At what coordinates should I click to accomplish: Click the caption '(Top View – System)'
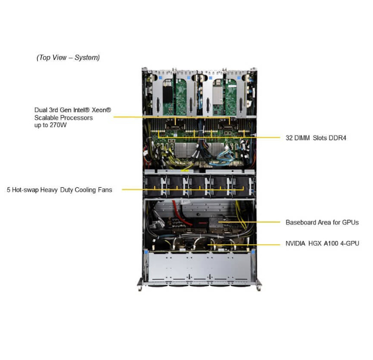tap(68, 57)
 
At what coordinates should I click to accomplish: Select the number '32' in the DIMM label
tap(289, 138)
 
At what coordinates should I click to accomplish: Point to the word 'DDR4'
tap(336, 138)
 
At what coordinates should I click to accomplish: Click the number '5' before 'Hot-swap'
tap(9, 189)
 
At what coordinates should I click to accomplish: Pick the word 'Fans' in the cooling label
tap(103, 189)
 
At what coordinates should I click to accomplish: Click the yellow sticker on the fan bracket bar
tap(184, 169)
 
